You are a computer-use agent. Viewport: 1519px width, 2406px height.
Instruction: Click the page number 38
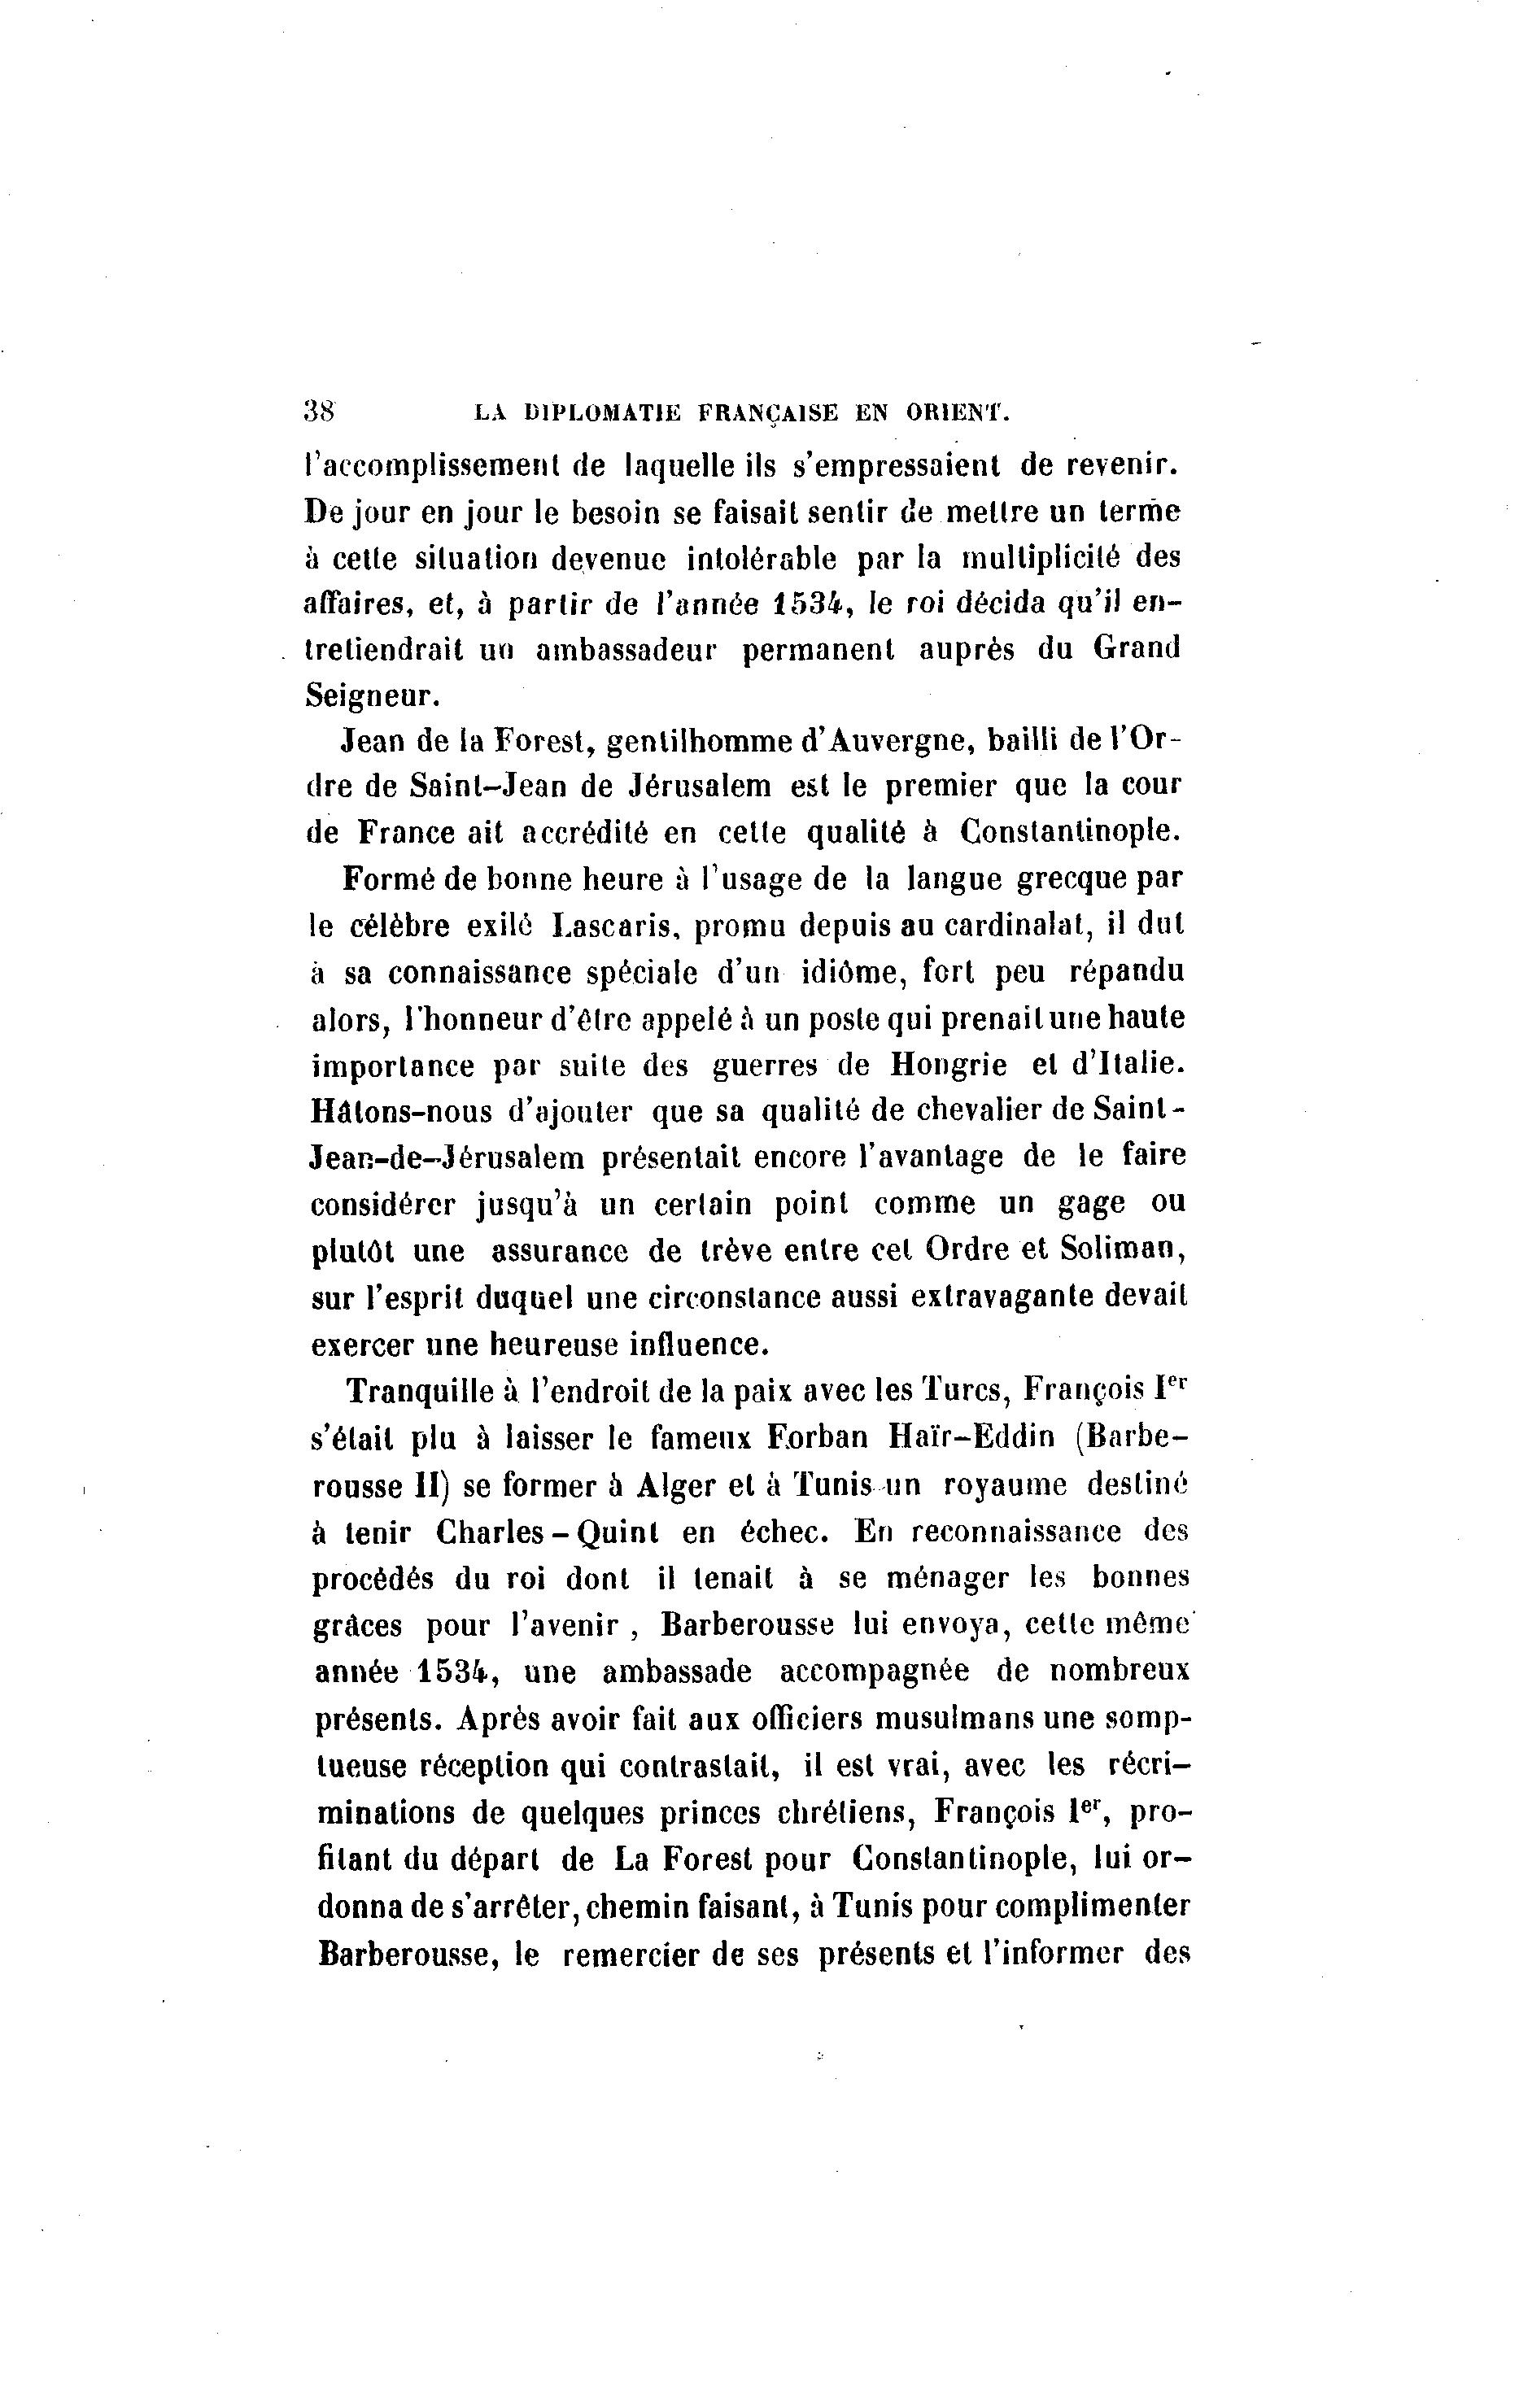click(x=320, y=412)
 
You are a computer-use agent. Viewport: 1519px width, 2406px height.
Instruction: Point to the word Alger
click(x=677, y=1484)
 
